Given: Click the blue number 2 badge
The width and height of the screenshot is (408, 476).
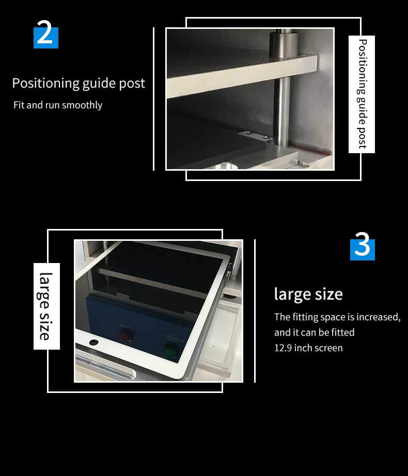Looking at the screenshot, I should pos(46,35).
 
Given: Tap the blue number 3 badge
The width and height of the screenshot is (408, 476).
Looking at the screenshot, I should pos(362,247).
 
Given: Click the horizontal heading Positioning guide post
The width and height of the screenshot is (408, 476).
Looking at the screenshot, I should pos(79,83).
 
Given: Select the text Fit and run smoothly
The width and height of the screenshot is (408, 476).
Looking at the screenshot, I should pos(58,105).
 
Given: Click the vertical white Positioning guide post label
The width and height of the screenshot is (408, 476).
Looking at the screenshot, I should pos(362,94).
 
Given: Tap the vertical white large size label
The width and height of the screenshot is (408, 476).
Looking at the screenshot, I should pos(46,306).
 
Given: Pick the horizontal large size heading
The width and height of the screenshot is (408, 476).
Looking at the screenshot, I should pos(308,294).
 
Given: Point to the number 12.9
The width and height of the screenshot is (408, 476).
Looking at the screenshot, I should pos(283,348).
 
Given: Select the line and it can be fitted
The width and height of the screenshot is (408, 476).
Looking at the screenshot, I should pos(314,333).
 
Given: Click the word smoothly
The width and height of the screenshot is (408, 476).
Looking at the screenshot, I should pos(82,105).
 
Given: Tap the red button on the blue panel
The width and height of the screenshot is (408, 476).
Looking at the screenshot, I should pos(125,335).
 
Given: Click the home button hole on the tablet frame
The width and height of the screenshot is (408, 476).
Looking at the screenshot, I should pos(93,342).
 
